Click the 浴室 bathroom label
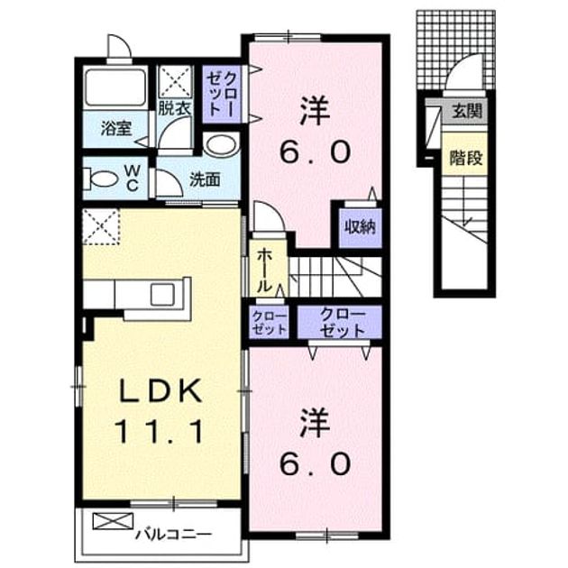click(116, 128)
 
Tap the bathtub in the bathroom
click(116, 87)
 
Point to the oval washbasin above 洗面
click(221, 144)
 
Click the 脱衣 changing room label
click(175, 107)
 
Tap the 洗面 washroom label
click(205, 179)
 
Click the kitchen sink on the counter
click(162, 295)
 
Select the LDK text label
click(160, 390)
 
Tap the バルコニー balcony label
click(173, 535)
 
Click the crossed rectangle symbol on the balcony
click(113, 521)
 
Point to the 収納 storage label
click(360, 227)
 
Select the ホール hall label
click(265, 270)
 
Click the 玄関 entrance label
click(467, 110)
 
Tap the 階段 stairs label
click(466, 157)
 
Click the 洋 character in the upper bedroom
click(315, 111)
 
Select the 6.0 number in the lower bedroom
click(315, 464)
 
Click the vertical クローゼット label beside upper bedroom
click(222, 94)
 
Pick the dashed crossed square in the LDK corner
click(101, 226)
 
